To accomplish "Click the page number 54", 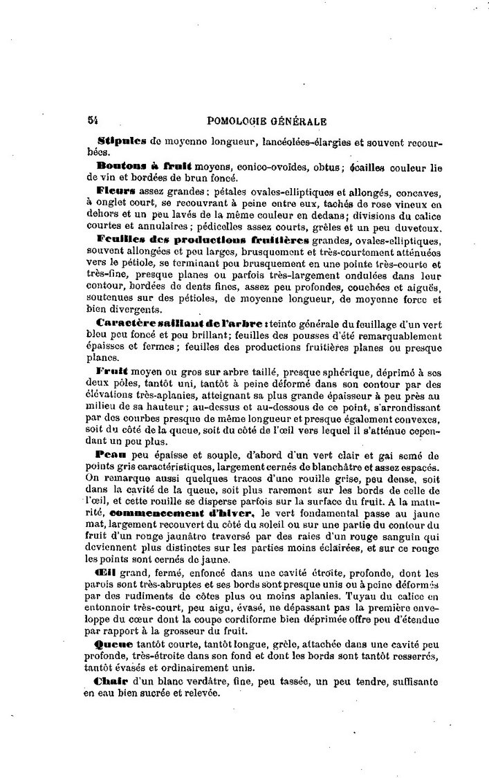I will click(92, 120).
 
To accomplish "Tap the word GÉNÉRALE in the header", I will click(297, 120).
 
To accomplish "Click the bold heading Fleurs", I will click(116, 188).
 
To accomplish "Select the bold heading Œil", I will click(106, 572).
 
